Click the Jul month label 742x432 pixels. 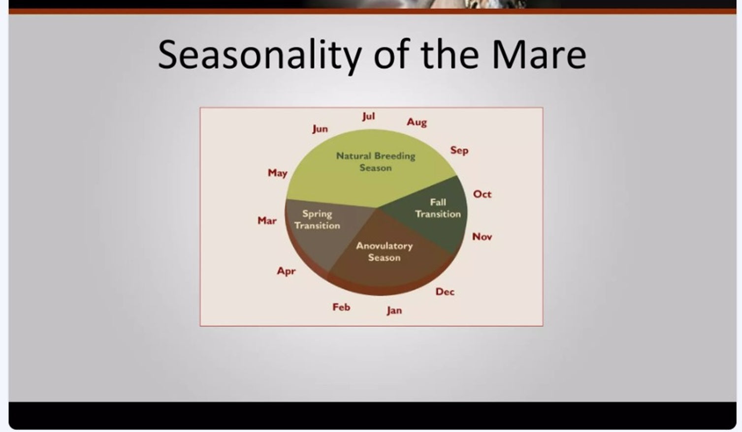click(x=368, y=117)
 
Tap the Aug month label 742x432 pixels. click(x=417, y=123)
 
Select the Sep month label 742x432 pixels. click(x=459, y=151)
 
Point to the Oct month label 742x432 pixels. click(x=482, y=194)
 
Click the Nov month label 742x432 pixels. click(x=482, y=237)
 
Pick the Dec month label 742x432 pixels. click(x=445, y=292)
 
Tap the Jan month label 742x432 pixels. click(x=394, y=310)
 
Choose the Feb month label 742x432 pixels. click(x=341, y=307)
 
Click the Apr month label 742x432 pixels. click(x=286, y=272)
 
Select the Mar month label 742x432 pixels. click(x=267, y=220)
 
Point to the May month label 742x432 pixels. click(x=278, y=173)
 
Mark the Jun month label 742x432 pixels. click(x=320, y=129)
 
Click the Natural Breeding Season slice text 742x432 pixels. click(x=376, y=162)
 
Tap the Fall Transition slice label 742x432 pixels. click(x=438, y=208)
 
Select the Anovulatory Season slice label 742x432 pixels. click(x=384, y=251)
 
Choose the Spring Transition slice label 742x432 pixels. click(x=318, y=220)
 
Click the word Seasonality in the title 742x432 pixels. click(x=259, y=55)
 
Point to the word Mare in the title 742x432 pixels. click(x=539, y=55)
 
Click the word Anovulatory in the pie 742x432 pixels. click(x=384, y=247)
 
